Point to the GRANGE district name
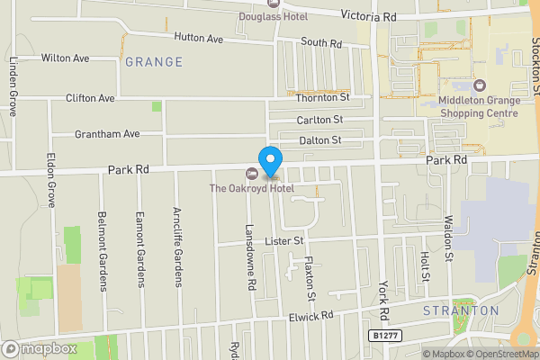click(x=154, y=62)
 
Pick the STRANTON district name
click(x=461, y=310)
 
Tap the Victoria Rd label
click(x=369, y=16)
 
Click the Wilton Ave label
click(x=66, y=58)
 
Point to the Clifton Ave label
click(x=90, y=98)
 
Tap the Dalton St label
click(x=320, y=140)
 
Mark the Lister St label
click(x=285, y=241)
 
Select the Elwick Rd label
click(x=311, y=316)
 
